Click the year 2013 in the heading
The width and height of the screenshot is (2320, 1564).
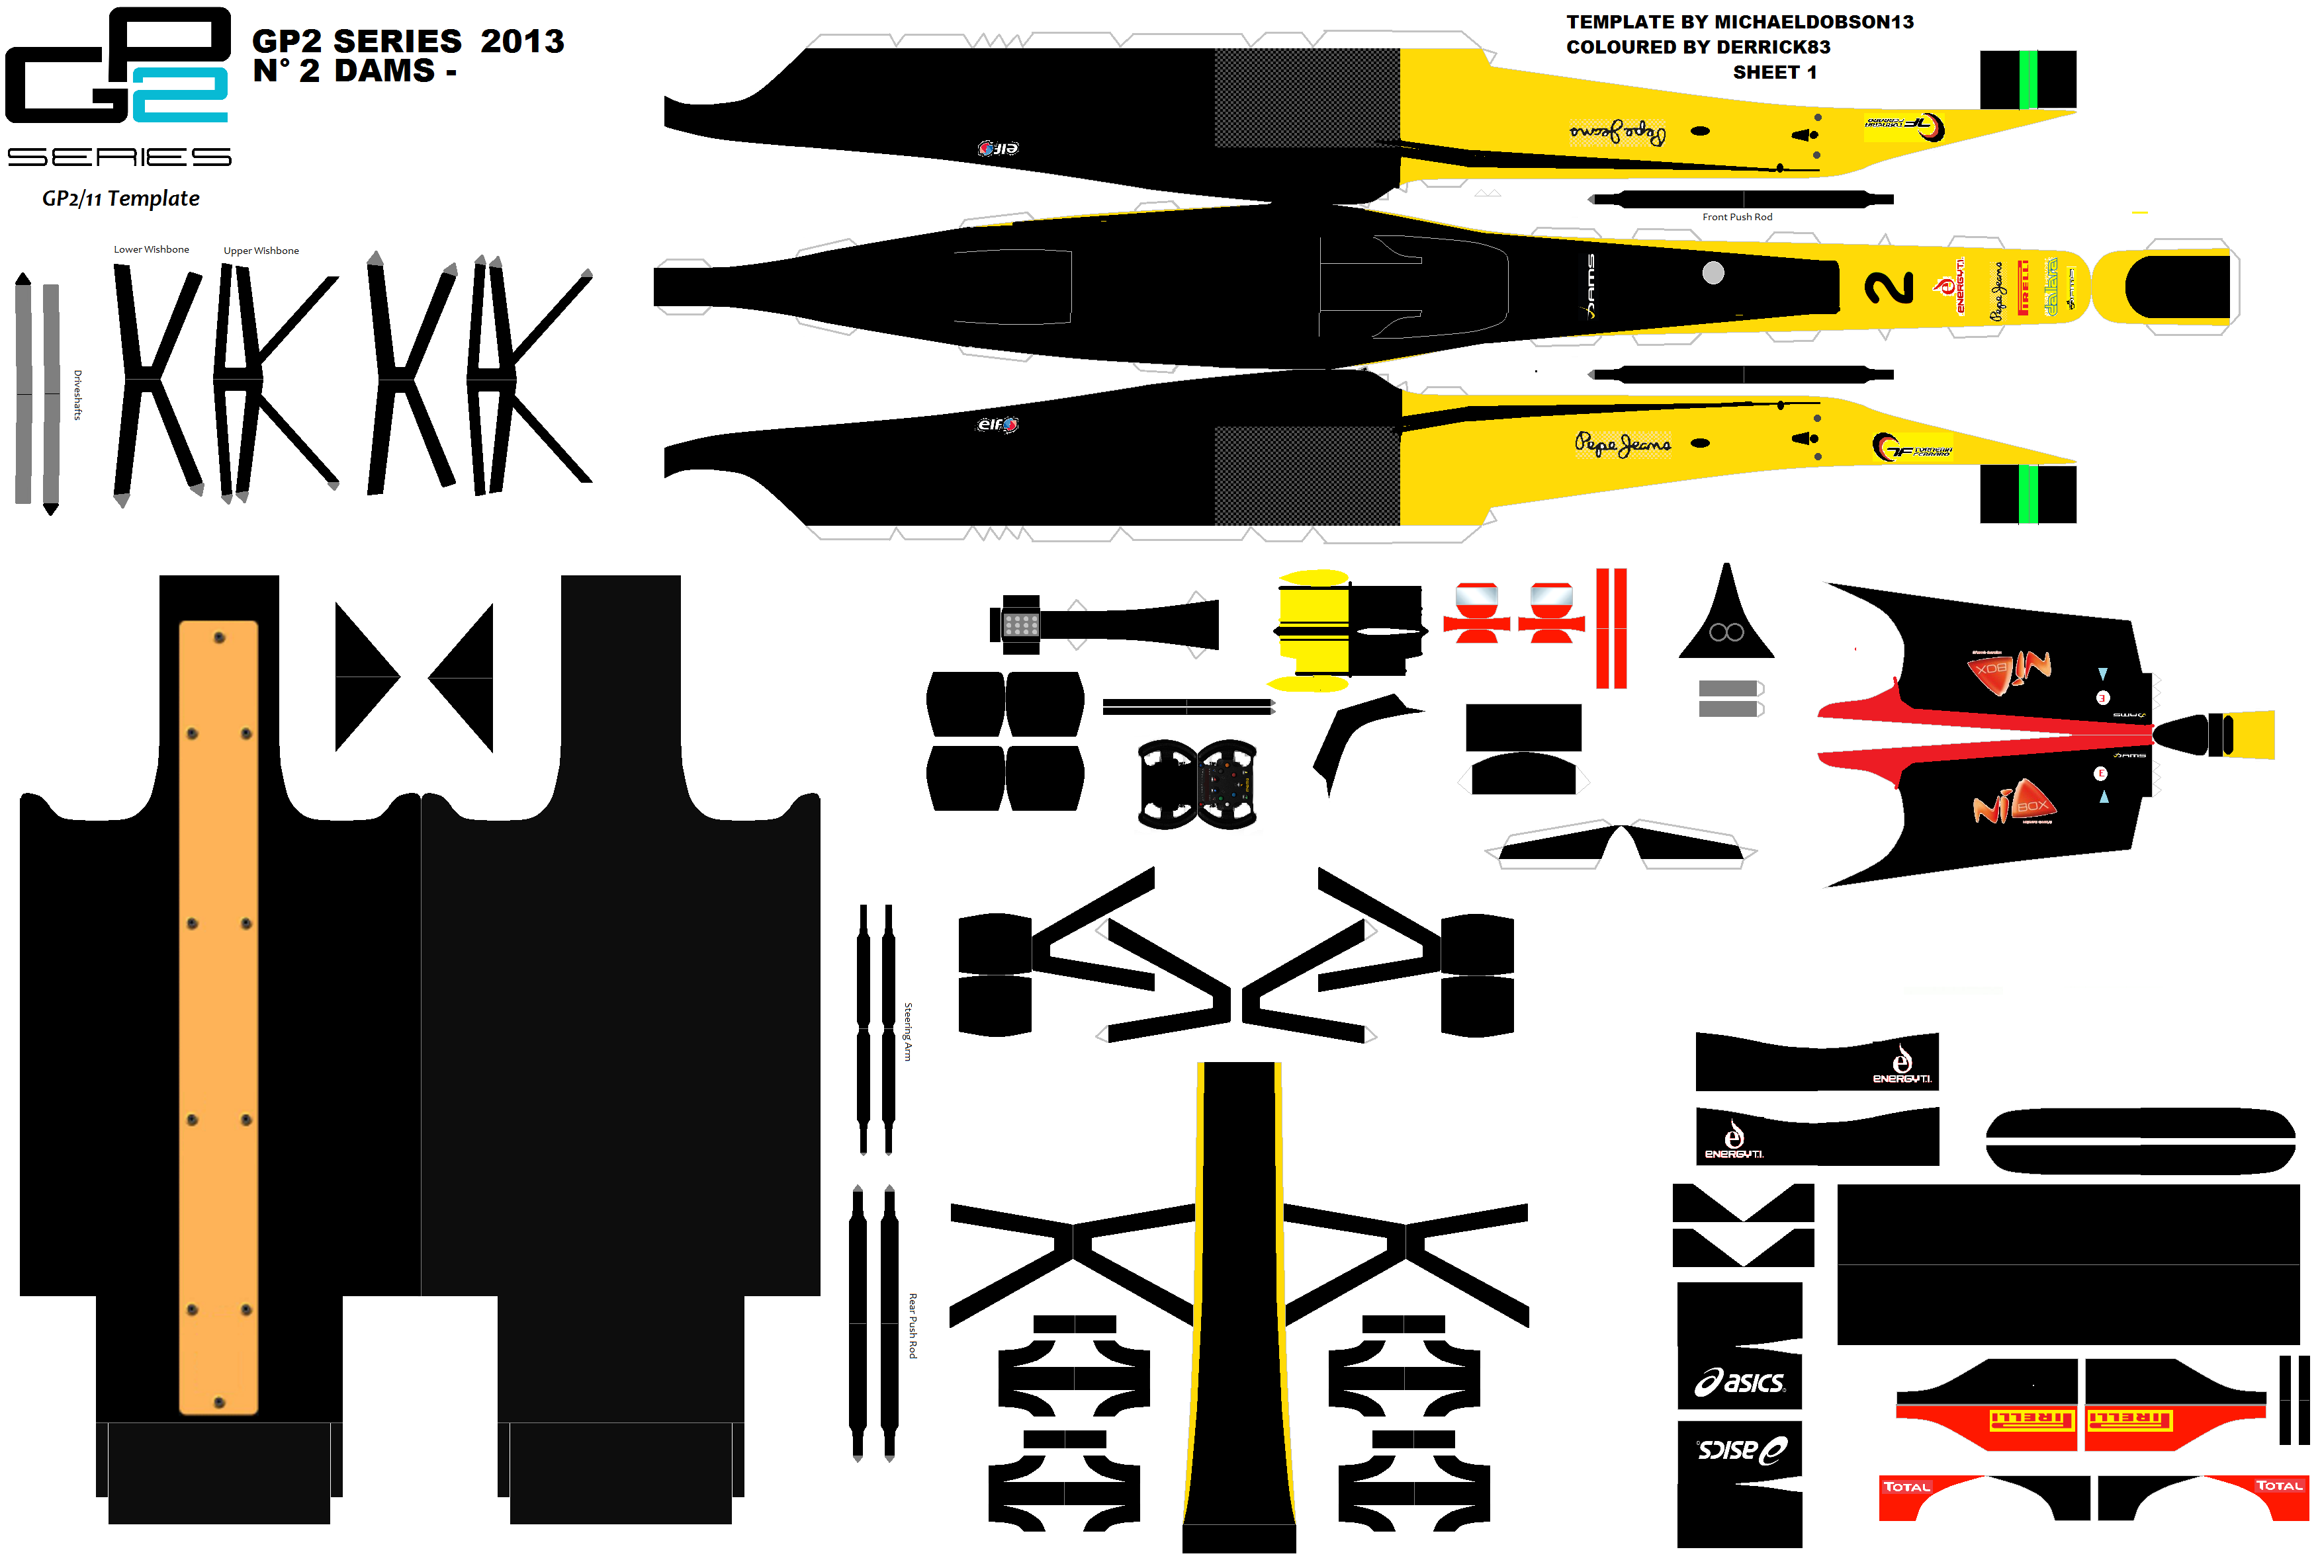pyautogui.click(x=522, y=41)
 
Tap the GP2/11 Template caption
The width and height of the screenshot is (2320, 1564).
pyautogui.click(x=120, y=198)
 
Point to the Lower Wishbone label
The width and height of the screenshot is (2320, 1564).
pyautogui.click(x=151, y=249)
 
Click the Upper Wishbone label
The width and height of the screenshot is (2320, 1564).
pyautogui.click(x=261, y=251)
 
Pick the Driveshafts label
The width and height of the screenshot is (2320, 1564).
pyautogui.click(x=77, y=395)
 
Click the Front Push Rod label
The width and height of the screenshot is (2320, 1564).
pyautogui.click(x=1736, y=216)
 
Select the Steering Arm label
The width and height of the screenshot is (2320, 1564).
pyautogui.click(x=907, y=1032)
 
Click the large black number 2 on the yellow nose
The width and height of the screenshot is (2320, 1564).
pyautogui.click(x=1889, y=287)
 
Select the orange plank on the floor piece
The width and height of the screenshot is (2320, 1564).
pyautogui.click(x=218, y=1017)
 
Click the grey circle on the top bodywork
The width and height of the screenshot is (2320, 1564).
pyautogui.click(x=1713, y=272)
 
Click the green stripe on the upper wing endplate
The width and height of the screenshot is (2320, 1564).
pyautogui.click(x=2027, y=80)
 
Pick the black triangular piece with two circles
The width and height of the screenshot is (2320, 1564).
pyautogui.click(x=1725, y=618)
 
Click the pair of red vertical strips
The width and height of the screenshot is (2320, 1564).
pyautogui.click(x=1611, y=628)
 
